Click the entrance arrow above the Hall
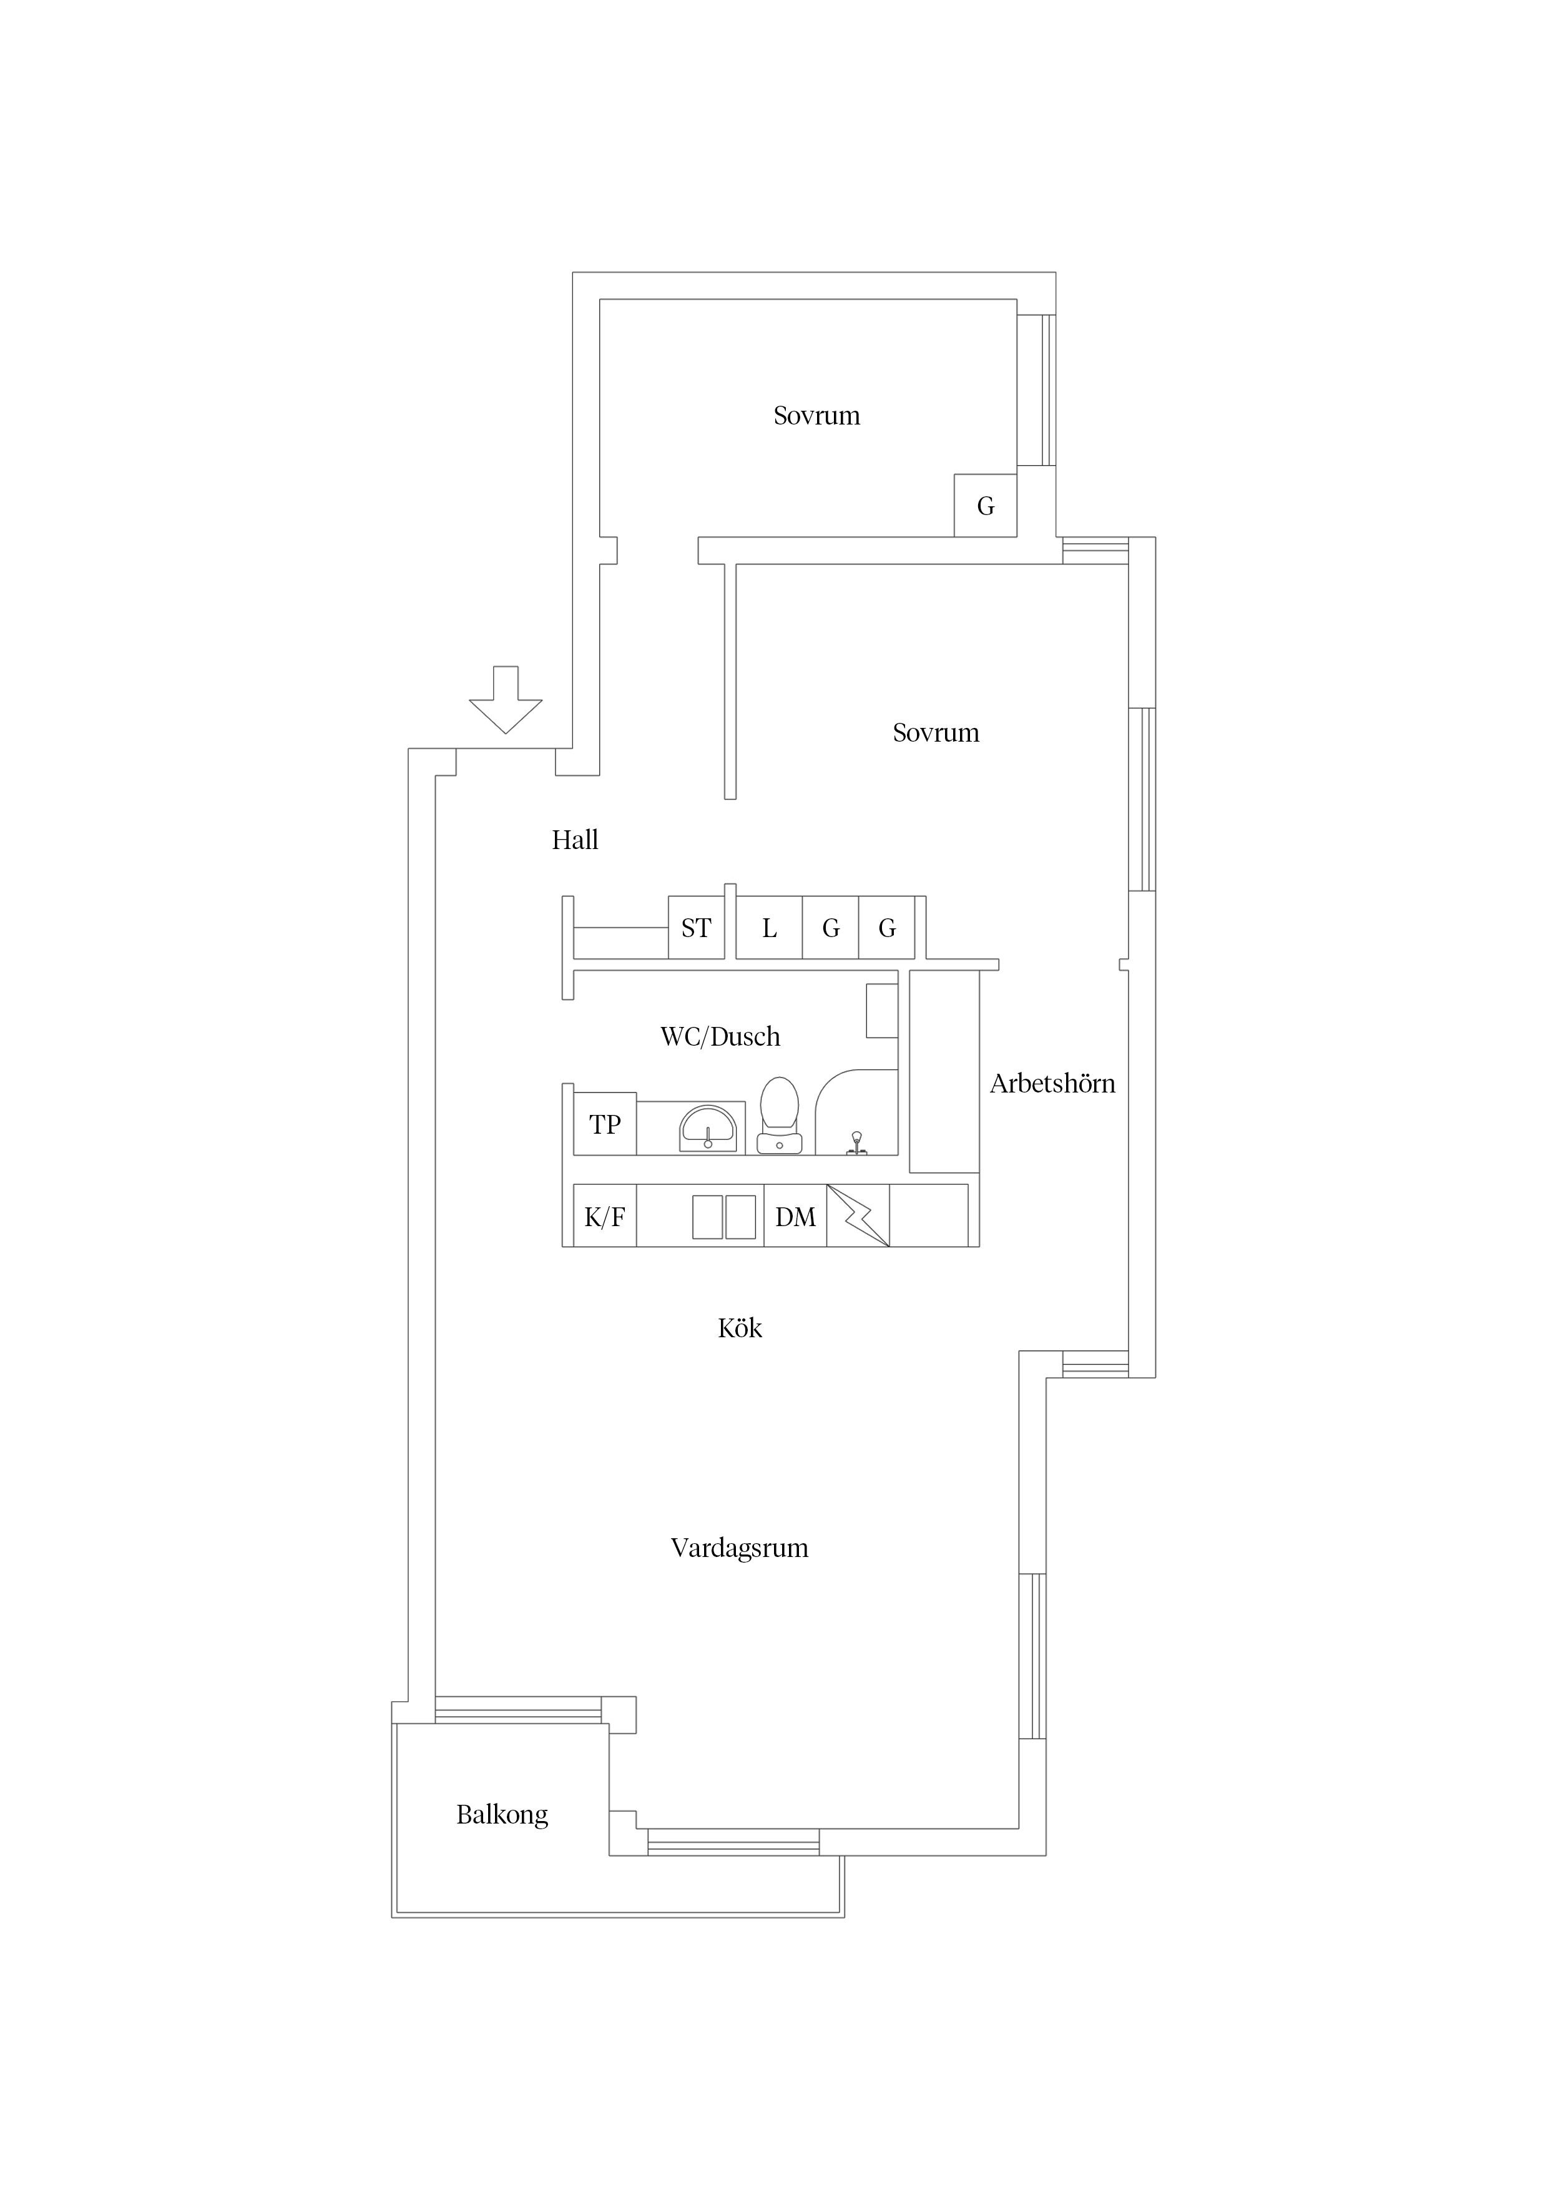(506, 699)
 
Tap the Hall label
(575, 840)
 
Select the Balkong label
(502, 1815)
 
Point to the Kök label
(740, 1328)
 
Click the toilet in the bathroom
(779, 1116)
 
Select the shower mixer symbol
(856, 1142)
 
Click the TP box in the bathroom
(605, 1124)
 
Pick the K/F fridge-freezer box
(605, 1216)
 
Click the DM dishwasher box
(795, 1216)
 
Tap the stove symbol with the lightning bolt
(858, 1216)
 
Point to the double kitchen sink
(724, 1217)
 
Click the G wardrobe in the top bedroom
(985, 506)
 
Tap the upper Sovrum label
(816, 416)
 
